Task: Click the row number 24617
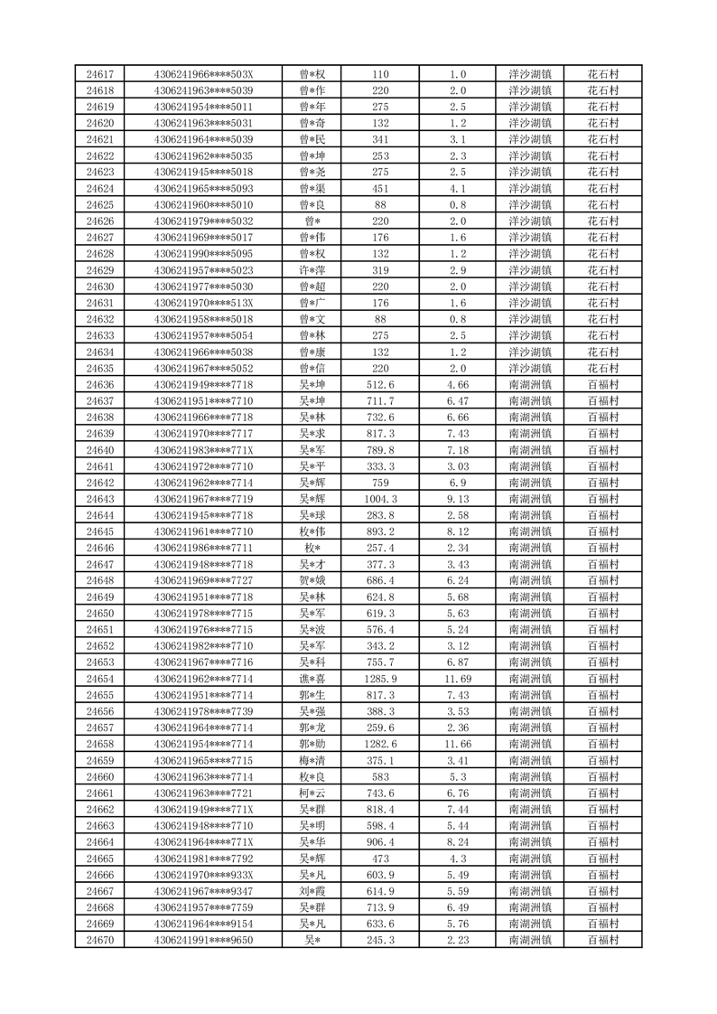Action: tap(100, 74)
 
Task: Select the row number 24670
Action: tap(100, 940)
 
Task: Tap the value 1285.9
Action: tap(380, 679)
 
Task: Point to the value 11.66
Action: tap(458, 744)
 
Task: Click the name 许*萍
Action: tap(313, 270)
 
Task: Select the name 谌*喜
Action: tap(313, 679)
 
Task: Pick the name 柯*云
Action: tap(313, 793)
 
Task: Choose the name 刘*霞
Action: tap(313, 891)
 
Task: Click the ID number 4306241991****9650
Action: tap(204, 940)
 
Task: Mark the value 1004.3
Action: tap(380, 499)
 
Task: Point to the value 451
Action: tap(380, 189)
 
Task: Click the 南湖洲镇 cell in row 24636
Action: tap(531, 384)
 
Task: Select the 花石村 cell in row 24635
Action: tap(603, 368)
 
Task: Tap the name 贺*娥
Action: tap(313, 580)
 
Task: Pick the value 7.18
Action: tap(458, 450)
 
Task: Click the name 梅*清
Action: tap(313, 760)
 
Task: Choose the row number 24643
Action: tap(100, 499)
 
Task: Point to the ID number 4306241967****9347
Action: tap(204, 891)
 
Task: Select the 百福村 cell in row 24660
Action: tap(603, 776)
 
